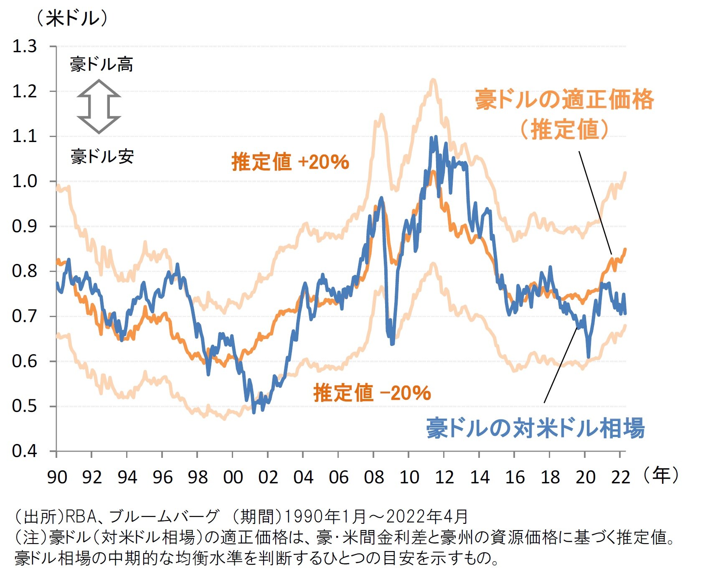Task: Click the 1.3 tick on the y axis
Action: (x=25, y=46)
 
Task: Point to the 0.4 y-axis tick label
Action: (x=25, y=451)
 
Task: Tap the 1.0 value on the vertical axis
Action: (x=25, y=181)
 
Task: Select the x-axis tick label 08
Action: (x=373, y=477)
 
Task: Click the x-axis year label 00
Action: (x=233, y=477)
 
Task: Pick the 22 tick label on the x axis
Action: (x=620, y=477)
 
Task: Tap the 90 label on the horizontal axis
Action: (x=57, y=477)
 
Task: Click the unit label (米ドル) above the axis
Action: (x=72, y=18)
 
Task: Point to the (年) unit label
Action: (x=661, y=475)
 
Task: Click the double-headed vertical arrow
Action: (x=99, y=107)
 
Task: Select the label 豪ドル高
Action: (x=101, y=65)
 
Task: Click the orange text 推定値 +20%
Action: (x=290, y=162)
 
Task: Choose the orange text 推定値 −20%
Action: (x=372, y=393)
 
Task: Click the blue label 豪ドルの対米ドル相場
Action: (x=535, y=428)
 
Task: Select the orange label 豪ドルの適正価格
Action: (x=564, y=100)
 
